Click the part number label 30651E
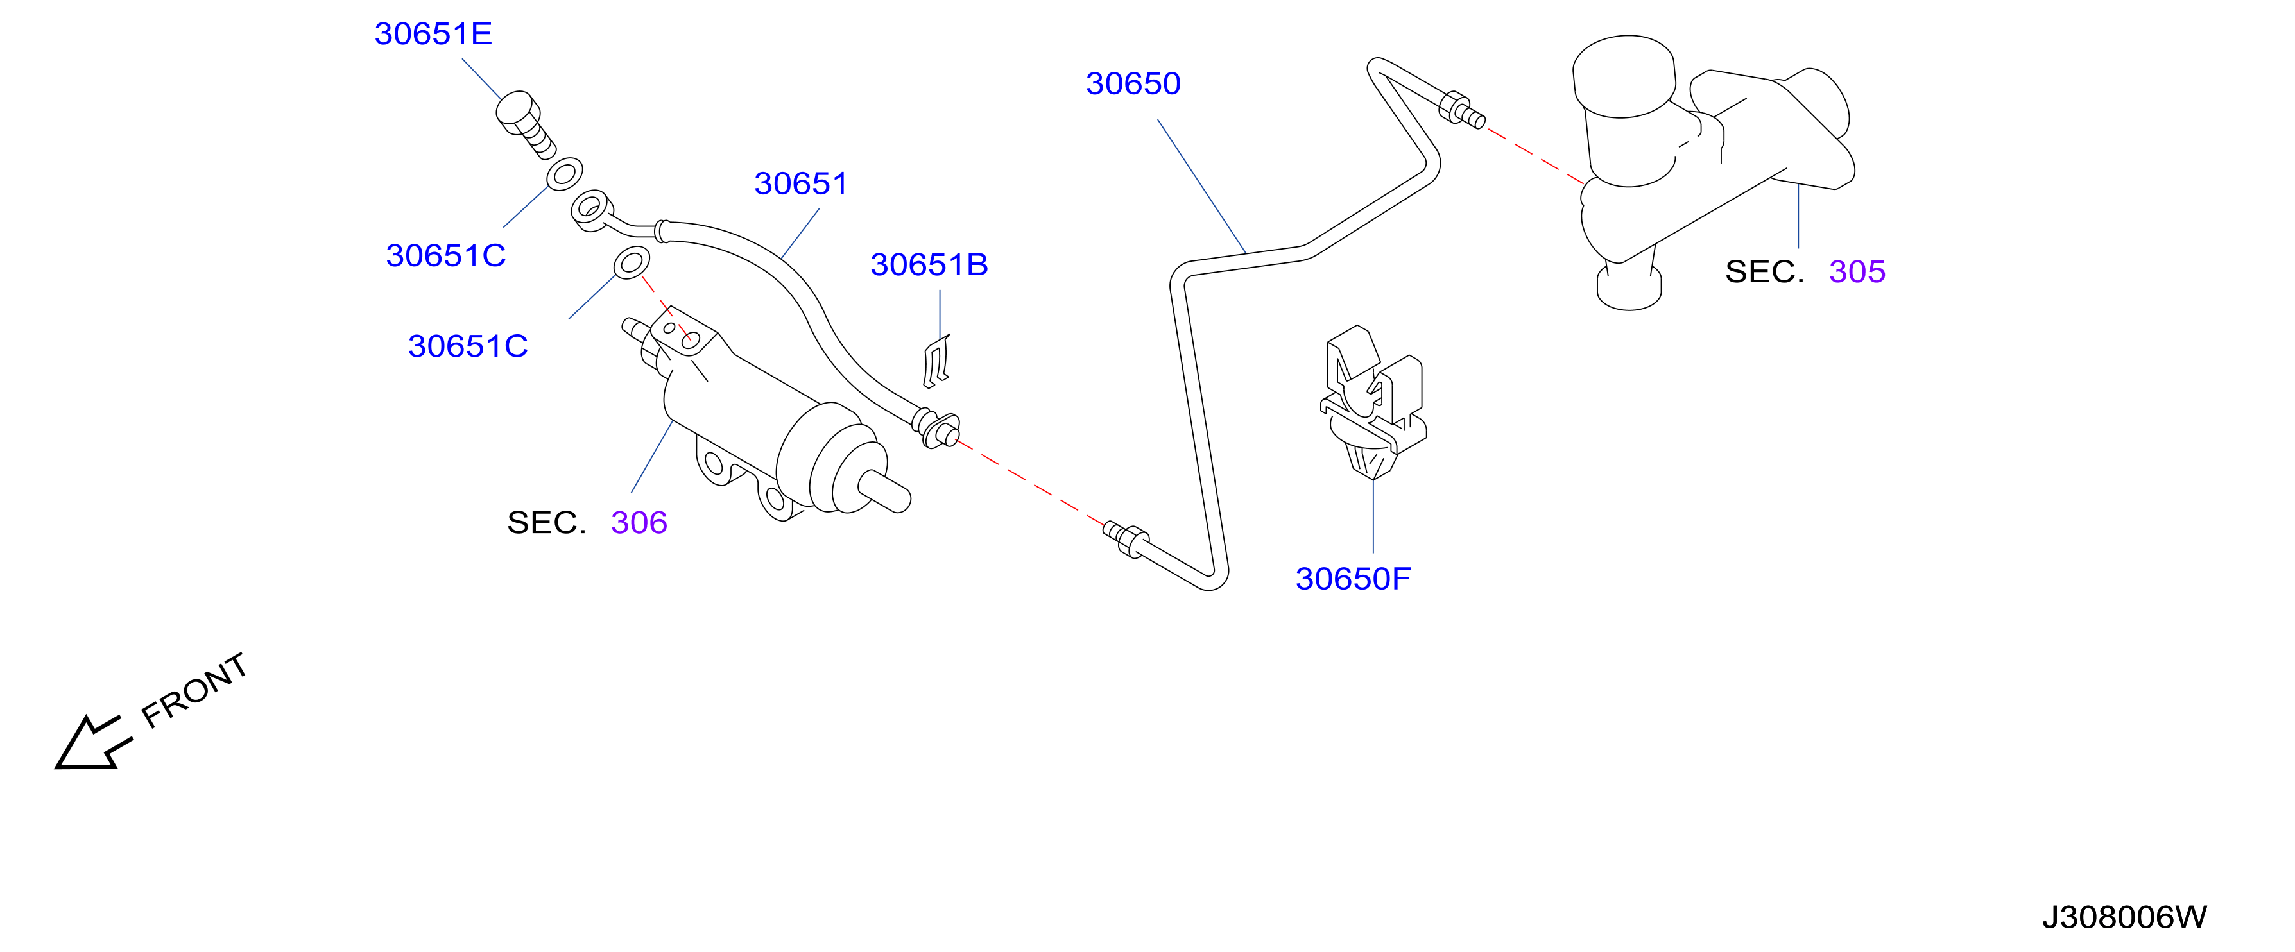click(433, 34)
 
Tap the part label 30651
click(801, 183)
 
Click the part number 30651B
click(929, 264)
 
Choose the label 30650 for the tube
click(1133, 83)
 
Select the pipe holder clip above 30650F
click(1373, 401)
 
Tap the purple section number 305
click(1857, 271)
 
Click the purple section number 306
click(639, 523)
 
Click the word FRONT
click(194, 690)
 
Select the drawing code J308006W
click(2124, 917)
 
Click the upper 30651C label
click(445, 255)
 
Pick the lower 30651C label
click(468, 346)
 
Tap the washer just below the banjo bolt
click(565, 174)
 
